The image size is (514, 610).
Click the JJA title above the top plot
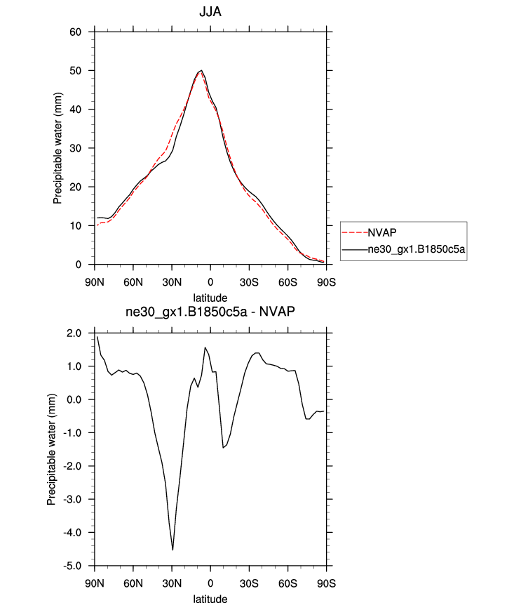click(x=210, y=12)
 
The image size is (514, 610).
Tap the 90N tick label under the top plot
click(x=95, y=282)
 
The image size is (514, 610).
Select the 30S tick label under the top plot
click(x=249, y=282)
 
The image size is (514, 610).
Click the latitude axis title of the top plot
click(x=210, y=298)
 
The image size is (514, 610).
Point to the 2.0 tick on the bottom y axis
click(x=74, y=333)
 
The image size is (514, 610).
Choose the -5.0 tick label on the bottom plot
click(x=73, y=566)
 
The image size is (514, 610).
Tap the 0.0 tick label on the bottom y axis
click(x=74, y=399)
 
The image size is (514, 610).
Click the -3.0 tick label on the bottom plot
click(x=73, y=499)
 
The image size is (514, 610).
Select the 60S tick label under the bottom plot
click(x=288, y=584)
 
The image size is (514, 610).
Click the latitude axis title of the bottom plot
click(x=210, y=599)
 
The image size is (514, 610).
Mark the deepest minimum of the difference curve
click(x=173, y=550)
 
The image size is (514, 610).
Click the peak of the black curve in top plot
click(x=201, y=70)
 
